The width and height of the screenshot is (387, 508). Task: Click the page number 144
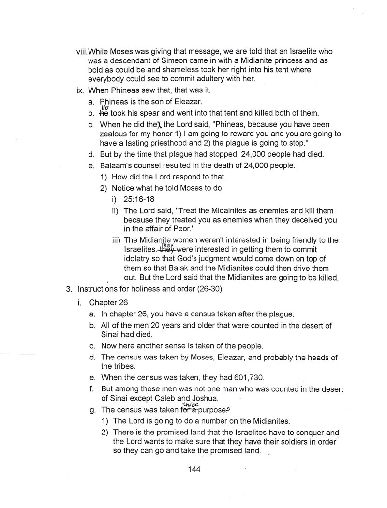(x=193, y=469)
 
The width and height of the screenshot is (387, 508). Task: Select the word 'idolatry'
(x=139, y=259)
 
